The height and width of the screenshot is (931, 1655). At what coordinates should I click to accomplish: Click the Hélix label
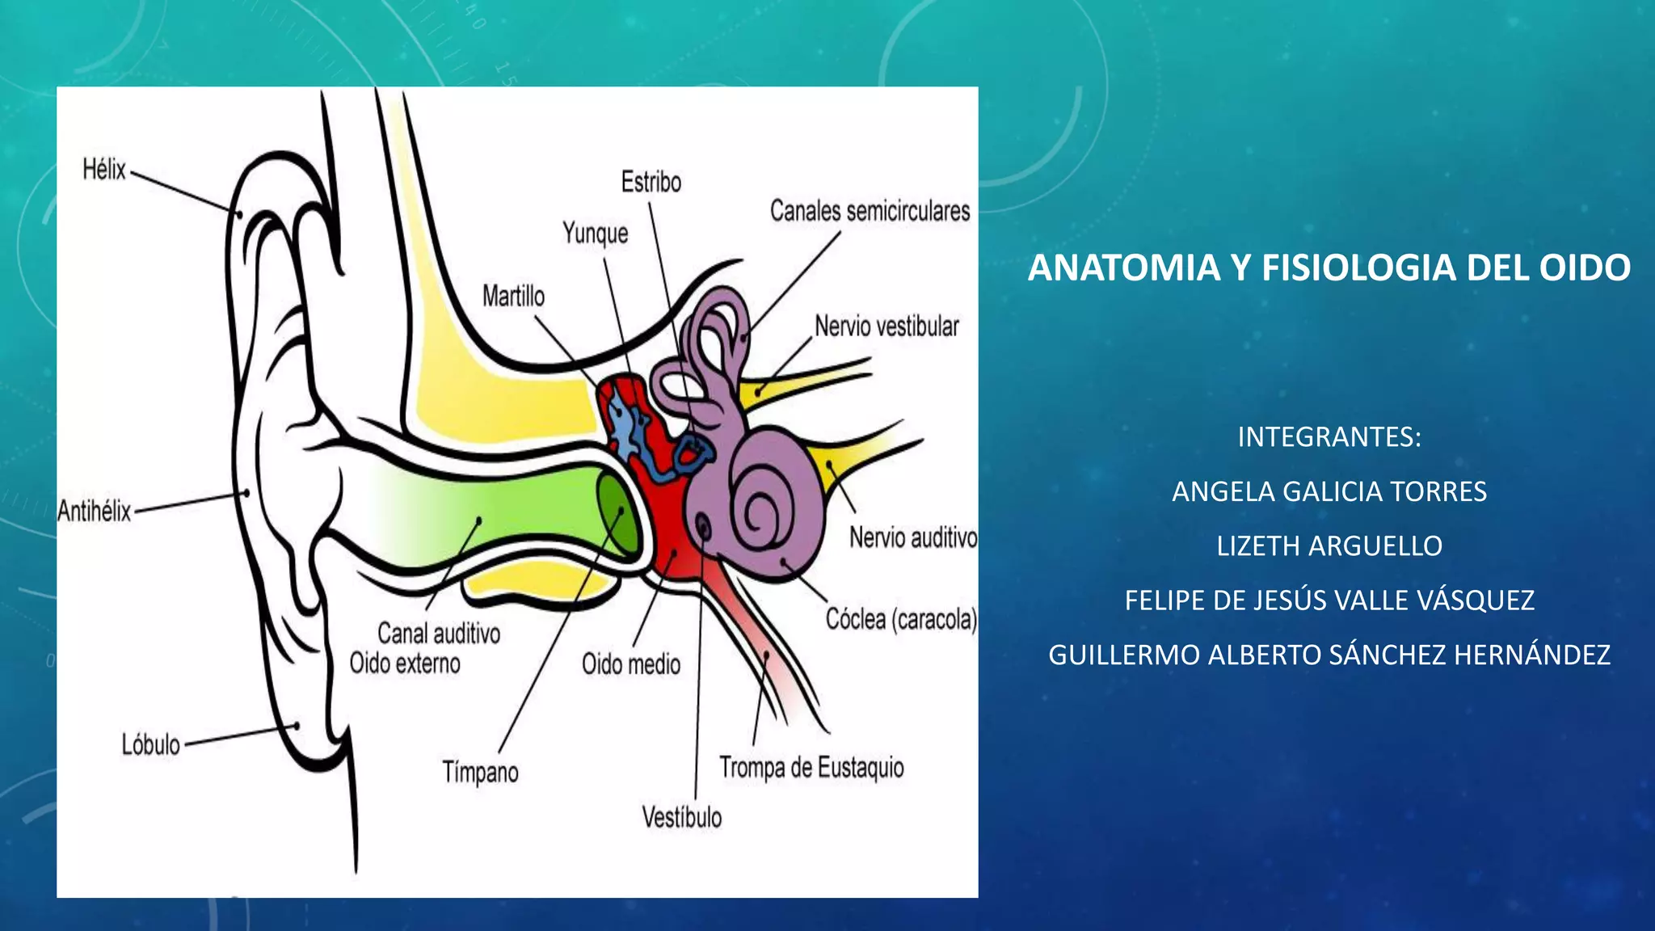[x=104, y=170]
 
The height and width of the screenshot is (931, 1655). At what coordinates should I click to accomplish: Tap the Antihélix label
[x=95, y=511]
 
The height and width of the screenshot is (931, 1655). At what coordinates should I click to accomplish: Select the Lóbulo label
[x=151, y=744]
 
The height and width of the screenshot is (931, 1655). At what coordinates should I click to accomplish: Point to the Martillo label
[x=513, y=296]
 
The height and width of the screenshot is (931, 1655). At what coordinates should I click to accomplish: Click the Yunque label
[x=596, y=234]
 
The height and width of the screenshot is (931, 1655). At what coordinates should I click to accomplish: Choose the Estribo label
[x=651, y=182]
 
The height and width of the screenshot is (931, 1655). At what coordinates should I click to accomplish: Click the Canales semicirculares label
[x=870, y=211]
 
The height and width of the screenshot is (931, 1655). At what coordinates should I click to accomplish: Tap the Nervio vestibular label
[x=886, y=326]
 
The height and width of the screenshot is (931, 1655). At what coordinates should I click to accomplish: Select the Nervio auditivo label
[x=913, y=537]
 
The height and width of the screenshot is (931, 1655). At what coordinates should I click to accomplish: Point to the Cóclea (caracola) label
[x=901, y=619]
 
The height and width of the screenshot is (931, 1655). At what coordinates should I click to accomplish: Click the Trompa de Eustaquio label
[x=811, y=767]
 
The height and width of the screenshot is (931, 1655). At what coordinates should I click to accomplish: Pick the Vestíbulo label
[x=682, y=817]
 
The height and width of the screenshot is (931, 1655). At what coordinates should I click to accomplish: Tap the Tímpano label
[x=480, y=772]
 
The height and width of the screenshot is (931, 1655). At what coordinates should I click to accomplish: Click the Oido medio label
[x=631, y=664]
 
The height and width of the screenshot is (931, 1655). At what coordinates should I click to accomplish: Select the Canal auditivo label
[x=439, y=633]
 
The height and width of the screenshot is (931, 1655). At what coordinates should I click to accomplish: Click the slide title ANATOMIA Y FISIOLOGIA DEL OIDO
[x=1329, y=268]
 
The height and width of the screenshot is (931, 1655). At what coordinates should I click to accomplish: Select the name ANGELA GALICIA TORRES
[x=1329, y=491]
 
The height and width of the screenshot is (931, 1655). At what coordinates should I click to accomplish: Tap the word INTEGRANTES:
[x=1329, y=437]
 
